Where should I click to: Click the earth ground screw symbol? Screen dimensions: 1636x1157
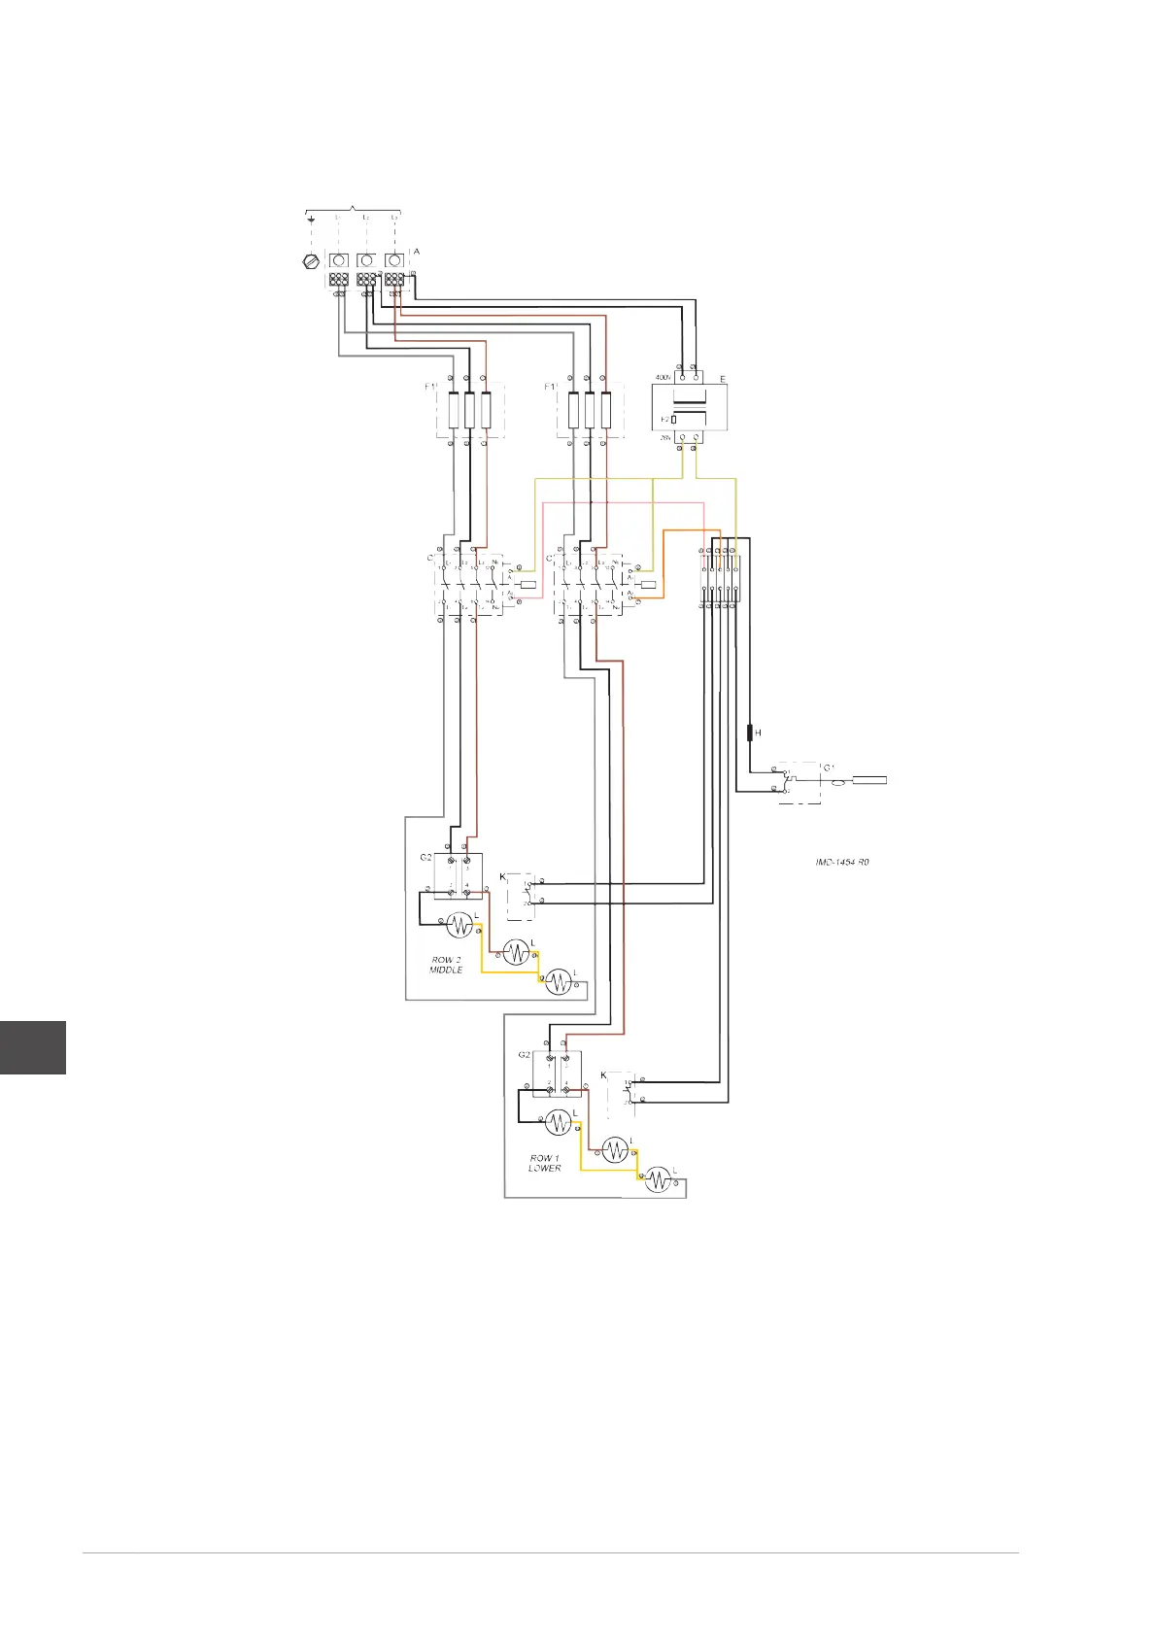click(311, 261)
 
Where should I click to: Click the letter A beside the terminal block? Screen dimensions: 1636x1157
click(417, 252)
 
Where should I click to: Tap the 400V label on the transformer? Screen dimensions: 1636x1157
click(664, 377)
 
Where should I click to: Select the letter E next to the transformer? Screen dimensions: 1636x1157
click(723, 378)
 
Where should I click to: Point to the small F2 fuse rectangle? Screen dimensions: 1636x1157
click(674, 419)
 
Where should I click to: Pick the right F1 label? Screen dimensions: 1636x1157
click(551, 387)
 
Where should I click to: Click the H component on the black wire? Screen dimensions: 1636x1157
click(750, 732)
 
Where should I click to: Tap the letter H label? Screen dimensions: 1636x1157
click(759, 733)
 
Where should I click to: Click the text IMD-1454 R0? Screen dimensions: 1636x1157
click(841, 862)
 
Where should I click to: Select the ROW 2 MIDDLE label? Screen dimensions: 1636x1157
click(446, 965)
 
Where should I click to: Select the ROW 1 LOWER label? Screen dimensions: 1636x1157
click(545, 1163)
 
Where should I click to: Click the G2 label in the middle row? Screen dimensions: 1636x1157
click(425, 858)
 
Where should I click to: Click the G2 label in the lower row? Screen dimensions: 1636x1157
click(524, 1055)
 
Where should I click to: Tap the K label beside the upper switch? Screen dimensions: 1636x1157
click(502, 877)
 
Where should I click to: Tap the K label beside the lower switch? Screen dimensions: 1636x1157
click(603, 1075)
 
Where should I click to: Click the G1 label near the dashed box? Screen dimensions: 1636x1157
click(830, 768)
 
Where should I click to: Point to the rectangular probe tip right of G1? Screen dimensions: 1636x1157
click(869, 778)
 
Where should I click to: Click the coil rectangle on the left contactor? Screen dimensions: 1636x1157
click(528, 585)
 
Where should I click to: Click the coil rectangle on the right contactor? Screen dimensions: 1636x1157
click(648, 585)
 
